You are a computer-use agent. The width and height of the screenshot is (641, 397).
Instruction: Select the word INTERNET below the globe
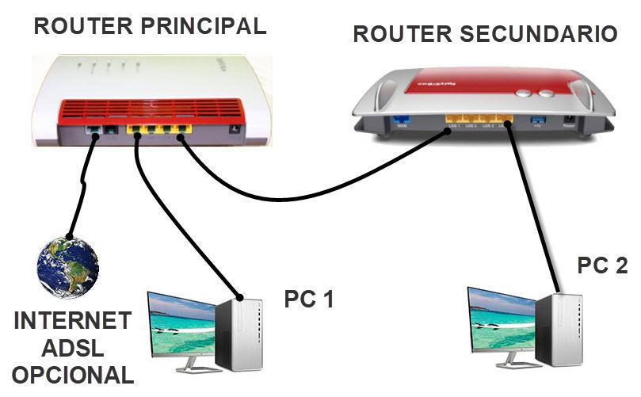click(x=72, y=321)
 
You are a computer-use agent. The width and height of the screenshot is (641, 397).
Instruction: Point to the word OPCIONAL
click(x=72, y=374)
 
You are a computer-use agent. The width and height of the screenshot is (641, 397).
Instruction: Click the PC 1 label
click(x=308, y=300)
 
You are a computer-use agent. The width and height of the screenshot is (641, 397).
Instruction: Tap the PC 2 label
click(x=602, y=266)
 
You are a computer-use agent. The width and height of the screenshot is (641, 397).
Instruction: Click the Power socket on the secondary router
click(x=568, y=121)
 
